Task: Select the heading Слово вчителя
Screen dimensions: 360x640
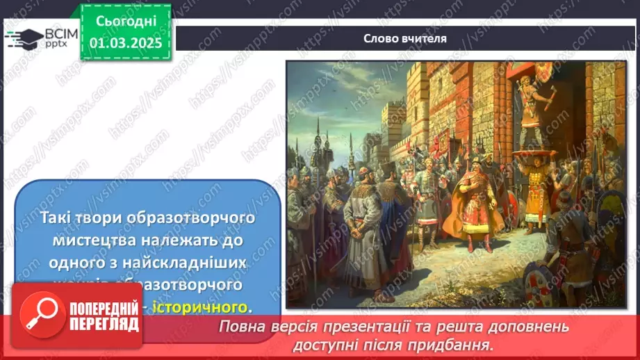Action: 404,38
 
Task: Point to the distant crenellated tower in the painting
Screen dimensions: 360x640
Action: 393,122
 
